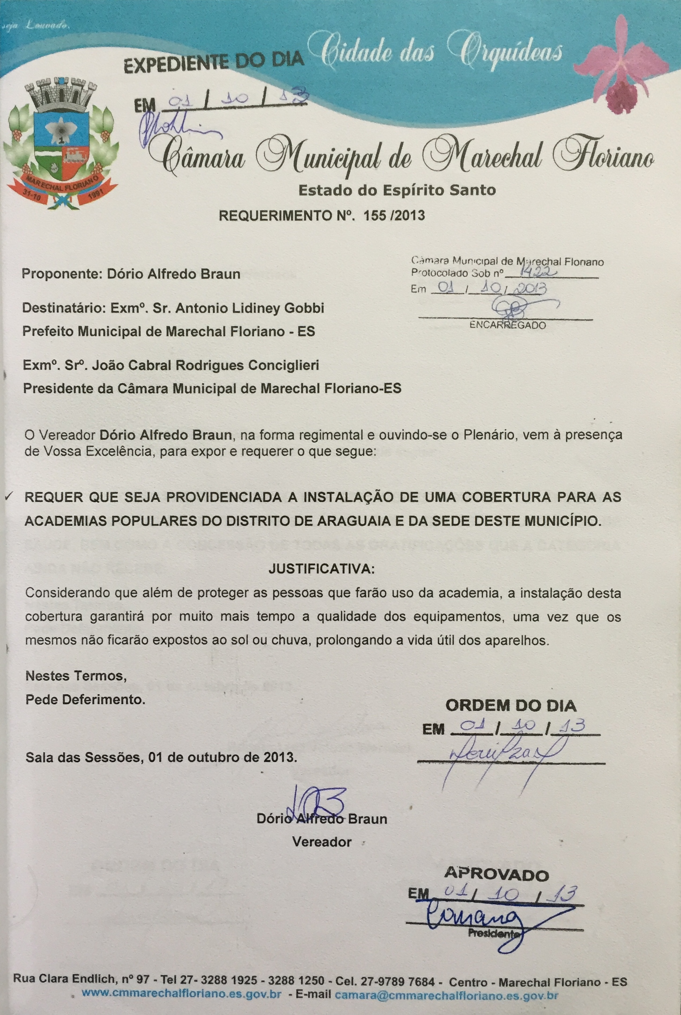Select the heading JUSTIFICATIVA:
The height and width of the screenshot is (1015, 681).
(x=322, y=569)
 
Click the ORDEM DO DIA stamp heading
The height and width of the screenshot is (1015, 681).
(x=511, y=705)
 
